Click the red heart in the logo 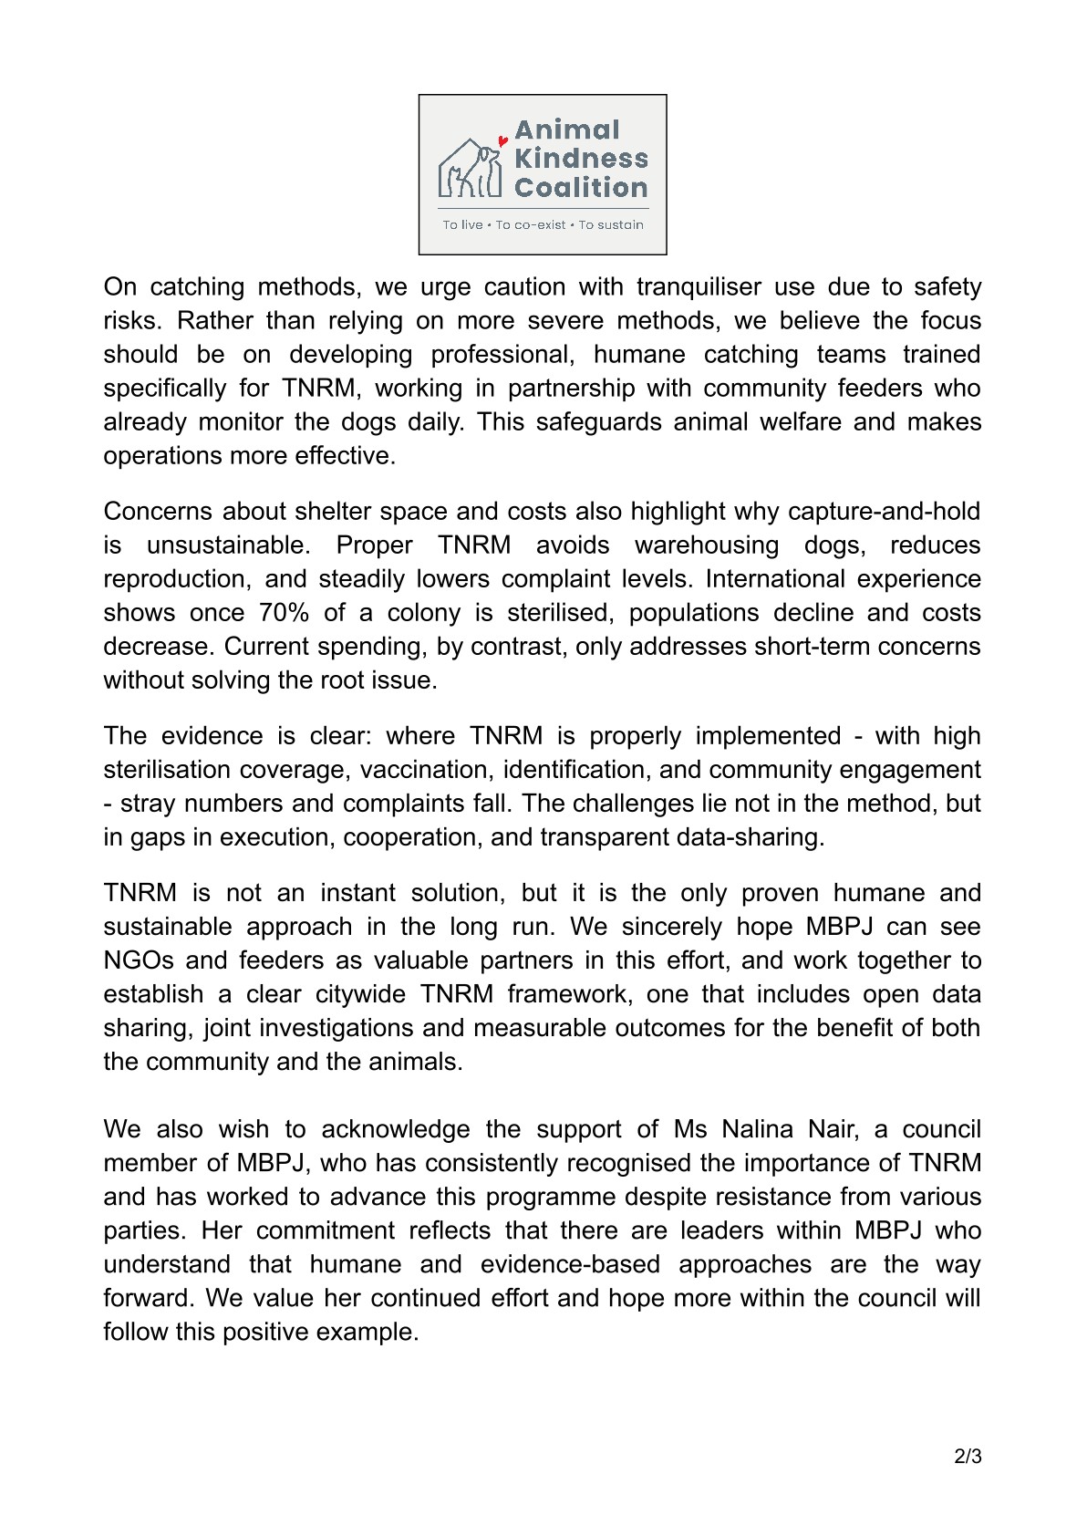[502, 141]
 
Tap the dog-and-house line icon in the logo [471, 170]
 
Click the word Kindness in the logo [581, 159]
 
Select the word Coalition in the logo [581, 188]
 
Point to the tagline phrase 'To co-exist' [531, 225]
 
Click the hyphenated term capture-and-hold [874, 512]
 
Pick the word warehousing [707, 545]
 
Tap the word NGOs [137, 960]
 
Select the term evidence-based [570, 1265]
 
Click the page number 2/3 [968, 1457]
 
